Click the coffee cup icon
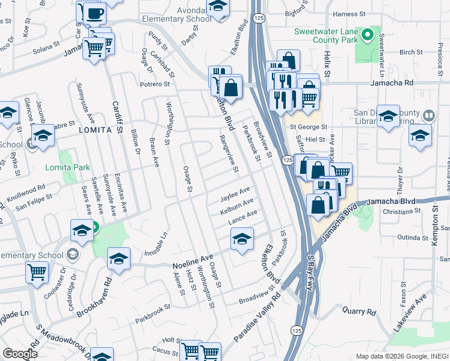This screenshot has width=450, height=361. [x=94, y=13]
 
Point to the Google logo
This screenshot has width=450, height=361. [x=20, y=354]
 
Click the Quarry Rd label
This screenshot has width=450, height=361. [x=359, y=312]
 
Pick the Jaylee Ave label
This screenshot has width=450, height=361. [x=235, y=194]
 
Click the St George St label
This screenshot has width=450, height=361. [x=308, y=127]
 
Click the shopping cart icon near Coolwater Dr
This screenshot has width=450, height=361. [x=37, y=272]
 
